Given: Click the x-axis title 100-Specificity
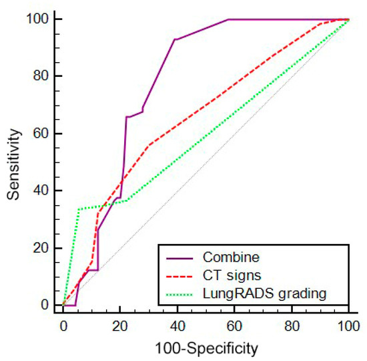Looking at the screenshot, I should (x=206, y=348).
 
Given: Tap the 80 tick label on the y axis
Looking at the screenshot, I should (x=40, y=76).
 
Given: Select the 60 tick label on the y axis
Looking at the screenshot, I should (x=40, y=134).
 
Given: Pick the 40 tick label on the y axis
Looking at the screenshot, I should (x=40, y=191).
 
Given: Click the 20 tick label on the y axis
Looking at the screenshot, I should (x=40, y=248).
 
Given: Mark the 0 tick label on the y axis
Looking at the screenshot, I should (x=43, y=305).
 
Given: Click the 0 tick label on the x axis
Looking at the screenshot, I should (x=63, y=327).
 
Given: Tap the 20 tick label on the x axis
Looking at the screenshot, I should (x=120, y=327).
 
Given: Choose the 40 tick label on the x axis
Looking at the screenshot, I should (x=177, y=327).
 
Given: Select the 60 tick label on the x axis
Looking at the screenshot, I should (x=234, y=327).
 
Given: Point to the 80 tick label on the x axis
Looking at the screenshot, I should (x=292, y=327).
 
